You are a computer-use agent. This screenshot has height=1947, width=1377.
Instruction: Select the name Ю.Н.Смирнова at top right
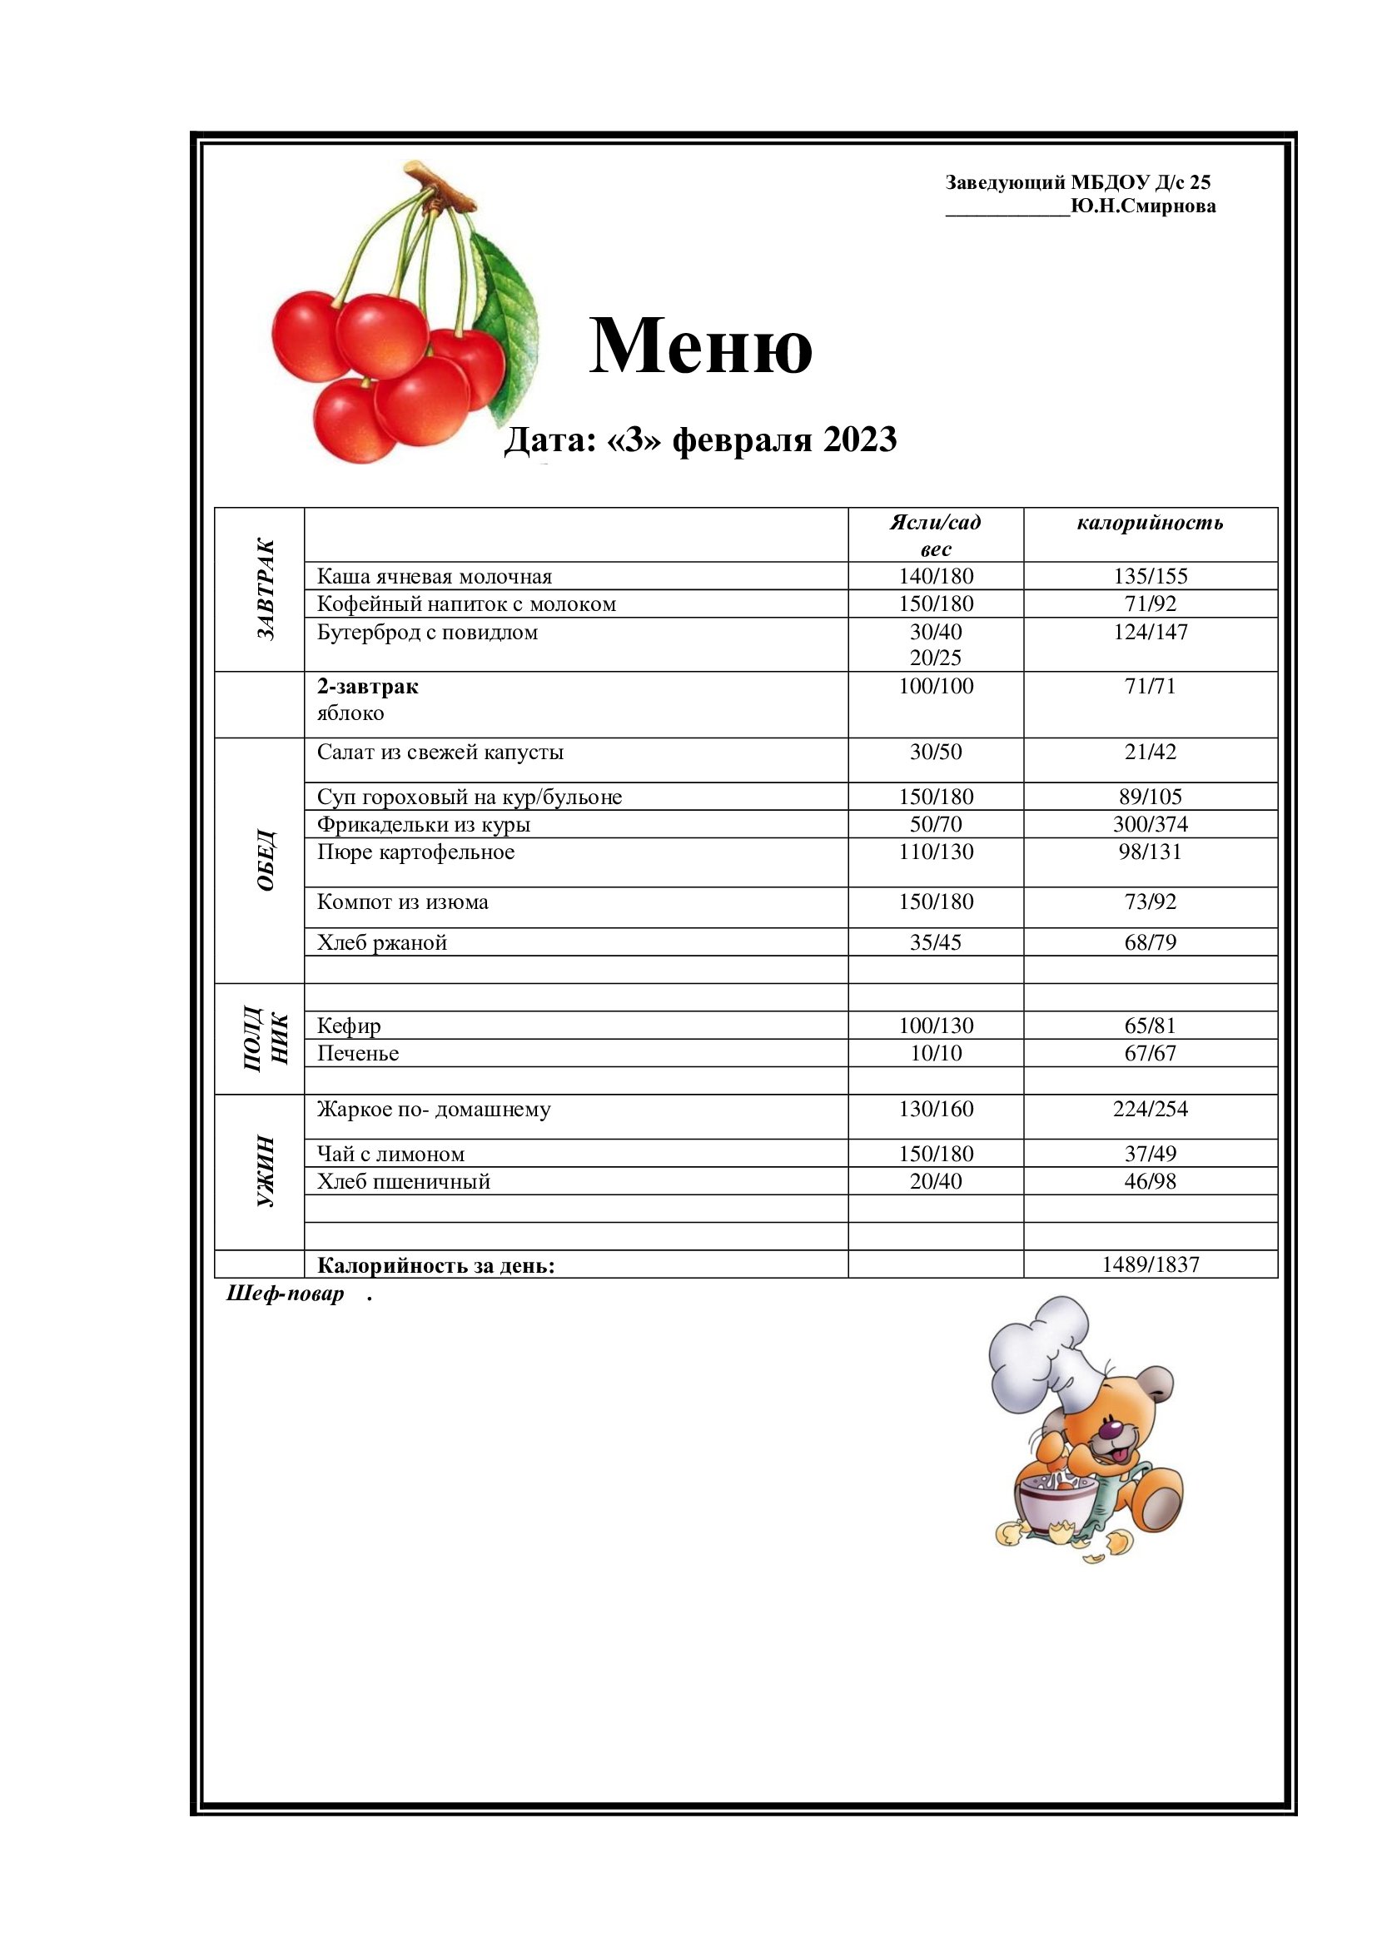[x=1143, y=206]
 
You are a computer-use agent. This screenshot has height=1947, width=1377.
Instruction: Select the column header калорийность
[x=1150, y=523]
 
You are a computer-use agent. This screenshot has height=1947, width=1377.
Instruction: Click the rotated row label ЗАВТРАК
[x=266, y=589]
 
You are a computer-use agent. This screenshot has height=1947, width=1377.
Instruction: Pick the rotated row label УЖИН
[x=266, y=1171]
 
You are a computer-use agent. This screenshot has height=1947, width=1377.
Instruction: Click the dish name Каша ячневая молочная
[x=434, y=577]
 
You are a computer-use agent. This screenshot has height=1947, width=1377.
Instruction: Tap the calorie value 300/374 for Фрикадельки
[x=1150, y=824]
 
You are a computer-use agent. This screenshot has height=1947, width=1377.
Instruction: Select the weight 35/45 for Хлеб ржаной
[x=935, y=942]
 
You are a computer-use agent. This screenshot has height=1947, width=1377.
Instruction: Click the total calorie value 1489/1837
[x=1150, y=1264]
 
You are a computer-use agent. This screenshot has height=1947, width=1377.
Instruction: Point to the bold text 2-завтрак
[x=367, y=686]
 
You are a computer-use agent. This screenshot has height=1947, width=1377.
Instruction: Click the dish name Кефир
[x=349, y=1026]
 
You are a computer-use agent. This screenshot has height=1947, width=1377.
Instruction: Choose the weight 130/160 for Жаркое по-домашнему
[x=935, y=1109]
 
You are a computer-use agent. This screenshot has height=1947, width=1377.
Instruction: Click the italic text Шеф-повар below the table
[x=285, y=1294]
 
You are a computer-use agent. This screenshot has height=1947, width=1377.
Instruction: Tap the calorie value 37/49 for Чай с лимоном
[x=1150, y=1154]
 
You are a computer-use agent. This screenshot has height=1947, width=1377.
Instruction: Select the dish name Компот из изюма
[x=402, y=902]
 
